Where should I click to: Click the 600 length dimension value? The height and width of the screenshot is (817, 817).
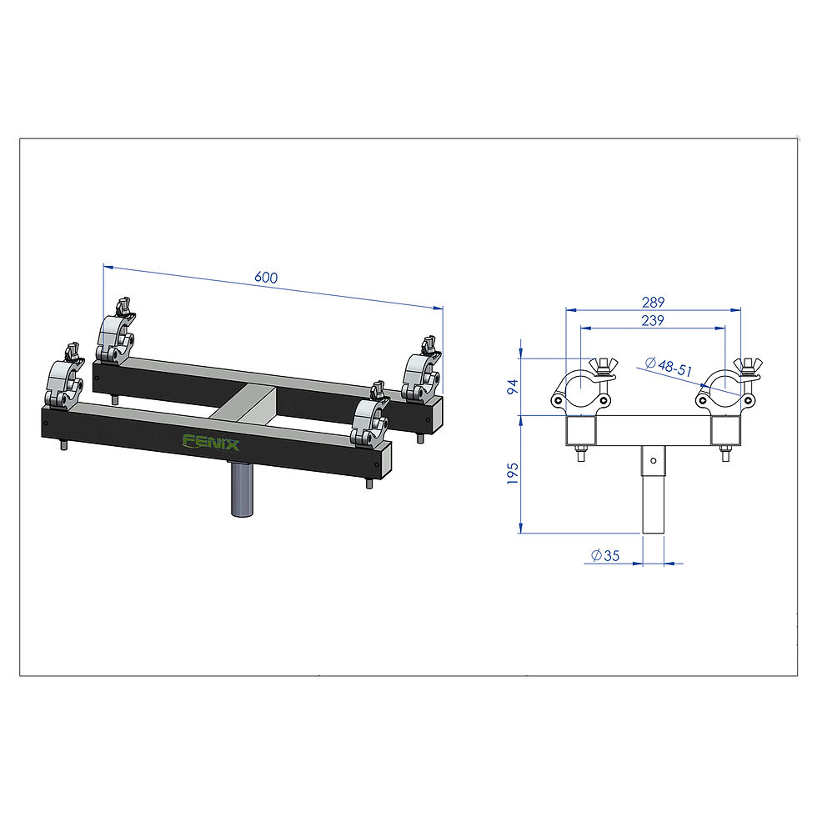click(x=266, y=277)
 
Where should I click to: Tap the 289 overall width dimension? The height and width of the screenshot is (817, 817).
click(x=653, y=302)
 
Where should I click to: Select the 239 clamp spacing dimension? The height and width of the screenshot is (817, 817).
click(x=653, y=320)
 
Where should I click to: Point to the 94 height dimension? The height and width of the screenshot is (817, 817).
click(x=514, y=387)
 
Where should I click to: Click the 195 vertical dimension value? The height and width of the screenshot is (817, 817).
click(x=514, y=474)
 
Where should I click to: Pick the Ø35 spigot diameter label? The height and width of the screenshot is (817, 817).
click(x=605, y=555)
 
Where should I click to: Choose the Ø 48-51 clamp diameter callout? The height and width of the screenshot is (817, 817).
click(x=669, y=367)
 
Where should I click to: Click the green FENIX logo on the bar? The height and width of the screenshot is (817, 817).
click(x=210, y=442)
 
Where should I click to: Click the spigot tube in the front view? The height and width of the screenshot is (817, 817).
click(x=654, y=489)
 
